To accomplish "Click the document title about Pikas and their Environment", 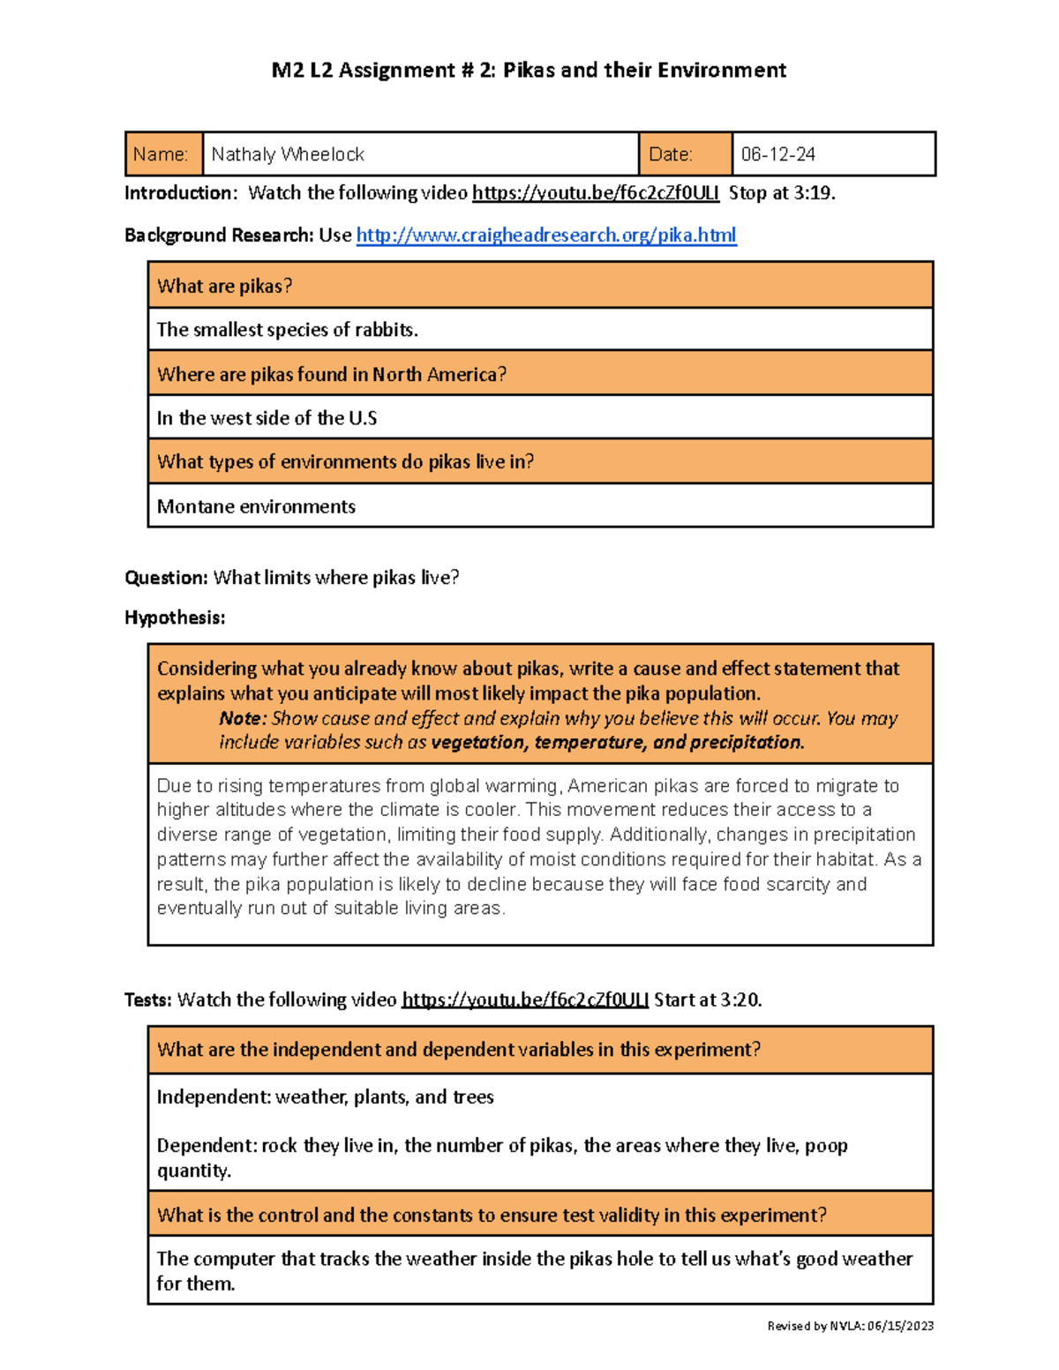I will [529, 70].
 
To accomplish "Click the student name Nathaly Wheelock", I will [288, 154].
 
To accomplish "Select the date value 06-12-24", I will [777, 154].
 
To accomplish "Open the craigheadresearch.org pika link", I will [545, 235].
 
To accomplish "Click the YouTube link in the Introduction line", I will [595, 192].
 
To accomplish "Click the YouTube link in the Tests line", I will [525, 999].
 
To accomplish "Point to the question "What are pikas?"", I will [224, 286].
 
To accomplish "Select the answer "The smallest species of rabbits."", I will [287, 330].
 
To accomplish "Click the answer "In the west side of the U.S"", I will [267, 418].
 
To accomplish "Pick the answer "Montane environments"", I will [256, 506].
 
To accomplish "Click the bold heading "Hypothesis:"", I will [175, 618].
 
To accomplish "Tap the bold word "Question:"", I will [166, 578].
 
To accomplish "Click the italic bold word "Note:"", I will [242, 718].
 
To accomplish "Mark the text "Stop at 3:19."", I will [781, 192].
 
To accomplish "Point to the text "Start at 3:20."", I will [708, 999].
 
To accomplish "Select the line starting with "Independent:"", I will [325, 1097].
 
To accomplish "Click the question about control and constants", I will [492, 1215].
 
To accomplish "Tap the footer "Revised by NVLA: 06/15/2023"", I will [850, 1325].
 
